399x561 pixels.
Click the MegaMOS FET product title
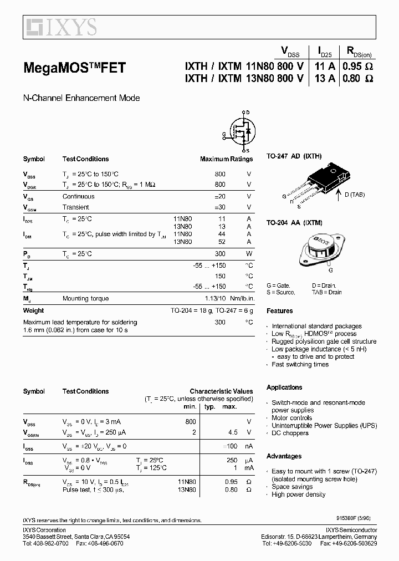point(74,68)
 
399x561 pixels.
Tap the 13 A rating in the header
point(324,79)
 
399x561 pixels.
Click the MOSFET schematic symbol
point(242,131)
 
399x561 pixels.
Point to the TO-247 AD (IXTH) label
point(294,157)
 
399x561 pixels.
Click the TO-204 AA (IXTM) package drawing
point(318,249)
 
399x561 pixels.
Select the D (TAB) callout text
point(354,195)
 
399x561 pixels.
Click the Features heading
point(279,311)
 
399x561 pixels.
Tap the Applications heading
point(284,387)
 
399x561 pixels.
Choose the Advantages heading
point(284,456)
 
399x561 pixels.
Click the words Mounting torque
point(86,299)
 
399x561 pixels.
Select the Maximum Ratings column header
point(226,159)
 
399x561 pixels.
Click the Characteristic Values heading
point(221,391)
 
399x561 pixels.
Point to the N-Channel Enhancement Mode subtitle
point(81,98)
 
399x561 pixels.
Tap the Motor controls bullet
point(292,418)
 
